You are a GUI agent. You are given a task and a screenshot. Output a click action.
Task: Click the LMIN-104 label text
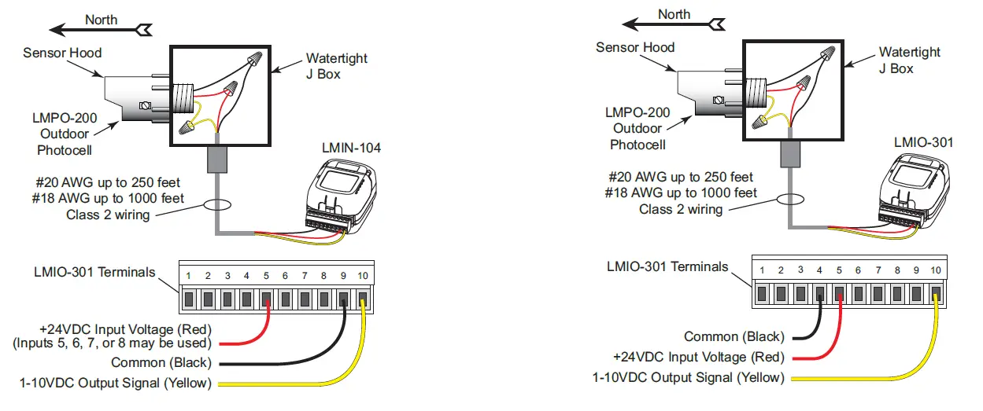coord(351,148)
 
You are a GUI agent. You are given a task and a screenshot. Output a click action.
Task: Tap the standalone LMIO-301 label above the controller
coord(923,142)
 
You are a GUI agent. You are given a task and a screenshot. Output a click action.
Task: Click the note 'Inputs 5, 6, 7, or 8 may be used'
coord(113,343)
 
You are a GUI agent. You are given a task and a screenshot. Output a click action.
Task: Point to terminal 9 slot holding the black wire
coord(343,299)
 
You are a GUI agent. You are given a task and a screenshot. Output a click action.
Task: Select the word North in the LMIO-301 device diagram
coord(674,14)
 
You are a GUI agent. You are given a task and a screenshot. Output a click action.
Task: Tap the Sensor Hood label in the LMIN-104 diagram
coord(62,53)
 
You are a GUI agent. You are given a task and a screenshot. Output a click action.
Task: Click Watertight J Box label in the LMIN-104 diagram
coord(336,65)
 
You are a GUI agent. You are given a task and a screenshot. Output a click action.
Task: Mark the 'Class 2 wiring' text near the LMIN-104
coord(108,215)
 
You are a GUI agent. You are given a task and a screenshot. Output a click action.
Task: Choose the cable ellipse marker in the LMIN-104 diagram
coord(217,207)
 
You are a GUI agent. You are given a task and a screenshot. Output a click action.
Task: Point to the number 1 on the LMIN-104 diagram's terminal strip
coord(189,276)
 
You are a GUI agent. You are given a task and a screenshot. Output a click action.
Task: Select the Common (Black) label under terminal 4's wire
coord(734,336)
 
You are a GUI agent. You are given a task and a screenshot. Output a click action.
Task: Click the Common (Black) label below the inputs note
coord(161,363)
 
